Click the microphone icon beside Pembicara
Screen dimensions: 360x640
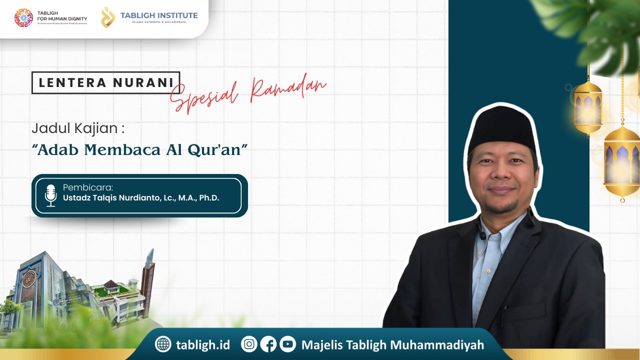[50, 195]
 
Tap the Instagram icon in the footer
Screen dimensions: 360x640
[249, 344]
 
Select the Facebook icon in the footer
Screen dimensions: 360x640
[268, 344]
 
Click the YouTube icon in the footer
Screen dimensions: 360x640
[287, 344]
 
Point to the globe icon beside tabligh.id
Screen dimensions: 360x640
[163, 344]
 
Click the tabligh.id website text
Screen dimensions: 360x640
[203, 345]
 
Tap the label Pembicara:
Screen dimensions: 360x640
[88, 187]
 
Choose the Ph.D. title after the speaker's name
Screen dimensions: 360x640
[209, 197]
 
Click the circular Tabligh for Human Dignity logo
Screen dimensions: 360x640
[23, 18]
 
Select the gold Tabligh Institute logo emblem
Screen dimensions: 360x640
[107, 17]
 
